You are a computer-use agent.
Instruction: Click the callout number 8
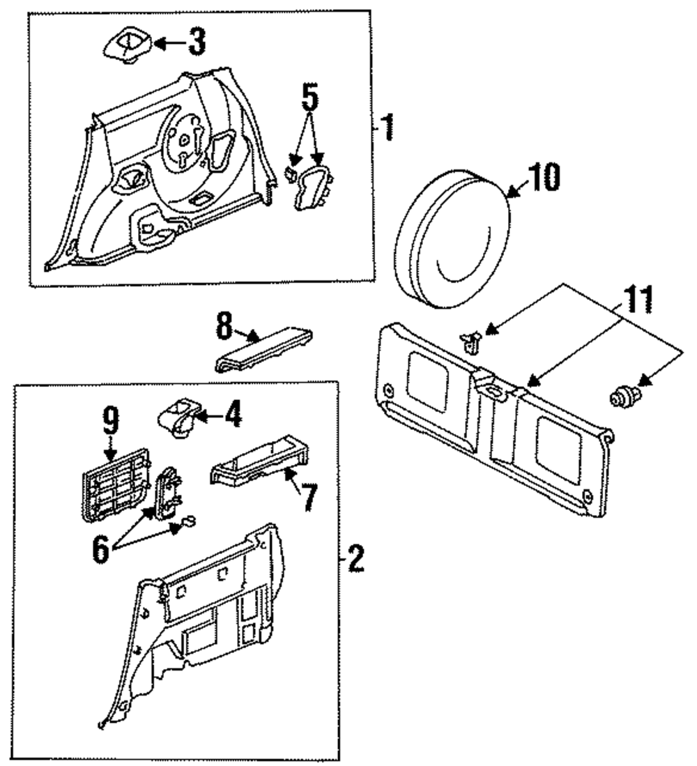(224, 325)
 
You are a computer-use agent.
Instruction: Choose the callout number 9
(111, 420)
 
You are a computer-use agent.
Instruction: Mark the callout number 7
(309, 497)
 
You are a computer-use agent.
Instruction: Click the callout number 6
(100, 550)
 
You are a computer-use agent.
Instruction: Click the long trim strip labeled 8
(263, 349)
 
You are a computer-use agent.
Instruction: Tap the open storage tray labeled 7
(259, 461)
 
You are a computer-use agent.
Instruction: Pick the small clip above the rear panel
(471, 342)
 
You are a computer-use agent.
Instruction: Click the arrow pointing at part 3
(170, 43)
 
